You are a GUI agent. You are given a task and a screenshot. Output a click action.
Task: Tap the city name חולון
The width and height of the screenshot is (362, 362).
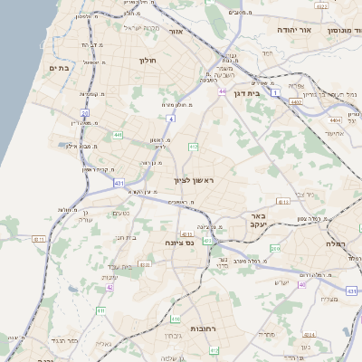point(148,61)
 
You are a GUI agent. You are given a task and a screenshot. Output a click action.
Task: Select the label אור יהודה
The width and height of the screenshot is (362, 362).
point(298,30)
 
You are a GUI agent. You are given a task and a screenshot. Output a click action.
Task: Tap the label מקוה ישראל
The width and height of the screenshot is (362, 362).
point(138,28)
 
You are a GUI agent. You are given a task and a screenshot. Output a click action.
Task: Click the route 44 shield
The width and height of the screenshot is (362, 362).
point(222,91)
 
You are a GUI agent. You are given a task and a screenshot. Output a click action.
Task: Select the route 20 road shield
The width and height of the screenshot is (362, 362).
point(85,113)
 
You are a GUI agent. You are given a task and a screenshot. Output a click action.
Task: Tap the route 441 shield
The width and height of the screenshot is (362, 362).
point(118,135)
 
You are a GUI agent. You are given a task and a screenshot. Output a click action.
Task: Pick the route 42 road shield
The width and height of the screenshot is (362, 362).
point(110,287)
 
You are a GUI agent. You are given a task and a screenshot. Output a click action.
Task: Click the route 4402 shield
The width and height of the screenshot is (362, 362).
point(297,102)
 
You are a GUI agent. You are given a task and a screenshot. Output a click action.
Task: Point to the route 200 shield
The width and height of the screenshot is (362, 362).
point(275,248)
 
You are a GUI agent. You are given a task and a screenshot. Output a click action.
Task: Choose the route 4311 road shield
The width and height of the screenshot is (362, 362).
point(38,239)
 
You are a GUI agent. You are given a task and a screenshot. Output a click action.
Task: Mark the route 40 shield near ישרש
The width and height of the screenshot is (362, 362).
point(302,285)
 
